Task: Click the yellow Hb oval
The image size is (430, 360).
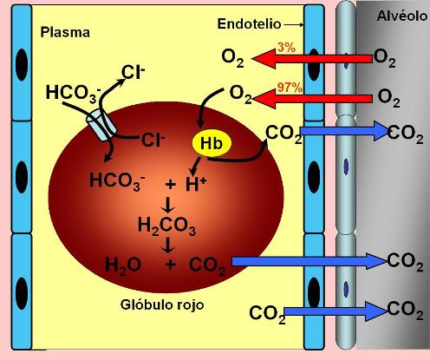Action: [x=212, y=143]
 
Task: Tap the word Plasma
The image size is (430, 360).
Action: [x=65, y=32]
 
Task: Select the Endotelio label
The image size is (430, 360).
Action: [x=249, y=23]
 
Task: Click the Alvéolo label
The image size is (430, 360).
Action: [x=402, y=16]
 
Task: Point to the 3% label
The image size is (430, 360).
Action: [x=287, y=47]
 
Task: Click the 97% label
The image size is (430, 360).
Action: [x=290, y=88]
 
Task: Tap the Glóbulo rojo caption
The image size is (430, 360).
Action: [x=162, y=304]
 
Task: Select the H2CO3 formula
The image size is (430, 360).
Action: [x=167, y=226]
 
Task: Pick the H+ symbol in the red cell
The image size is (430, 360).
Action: [x=196, y=184]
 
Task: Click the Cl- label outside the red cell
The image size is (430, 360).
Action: [x=133, y=72]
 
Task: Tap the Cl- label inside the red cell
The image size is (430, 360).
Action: [x=153, y=140]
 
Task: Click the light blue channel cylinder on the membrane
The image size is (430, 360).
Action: [x=101, y=127]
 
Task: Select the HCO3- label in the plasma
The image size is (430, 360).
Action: [x=74, y=94]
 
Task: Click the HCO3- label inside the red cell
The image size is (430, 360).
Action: [x=117, y=180]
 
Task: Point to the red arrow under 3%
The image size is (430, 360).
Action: [x=312, y=59]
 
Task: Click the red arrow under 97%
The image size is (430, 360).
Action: [x=312, y=99]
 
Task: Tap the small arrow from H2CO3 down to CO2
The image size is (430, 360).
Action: [x=168, y=245]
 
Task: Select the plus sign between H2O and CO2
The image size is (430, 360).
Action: [x=171, y=265]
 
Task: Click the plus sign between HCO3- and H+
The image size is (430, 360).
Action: [x=171, y=184]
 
